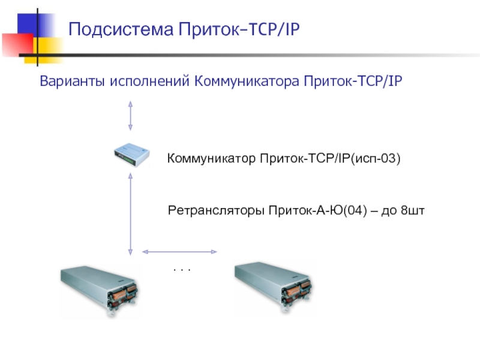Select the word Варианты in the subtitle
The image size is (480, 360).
point(72,80)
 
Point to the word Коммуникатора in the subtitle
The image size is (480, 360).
point(248,80)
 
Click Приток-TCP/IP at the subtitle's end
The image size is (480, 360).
point(353,80)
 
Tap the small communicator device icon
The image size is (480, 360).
point(132,157)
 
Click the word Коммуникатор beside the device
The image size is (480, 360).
point(212,159)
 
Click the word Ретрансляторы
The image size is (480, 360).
point(217,211)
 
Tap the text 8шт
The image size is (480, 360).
point(412,211)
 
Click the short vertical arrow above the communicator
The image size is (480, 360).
point(130,115)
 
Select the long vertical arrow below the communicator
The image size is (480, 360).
point(130,214)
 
